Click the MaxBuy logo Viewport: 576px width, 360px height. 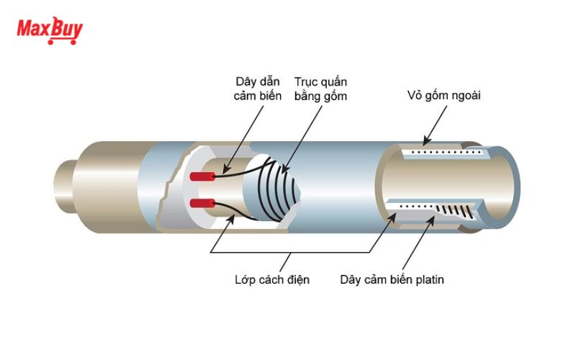click(x=50, y=31)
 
